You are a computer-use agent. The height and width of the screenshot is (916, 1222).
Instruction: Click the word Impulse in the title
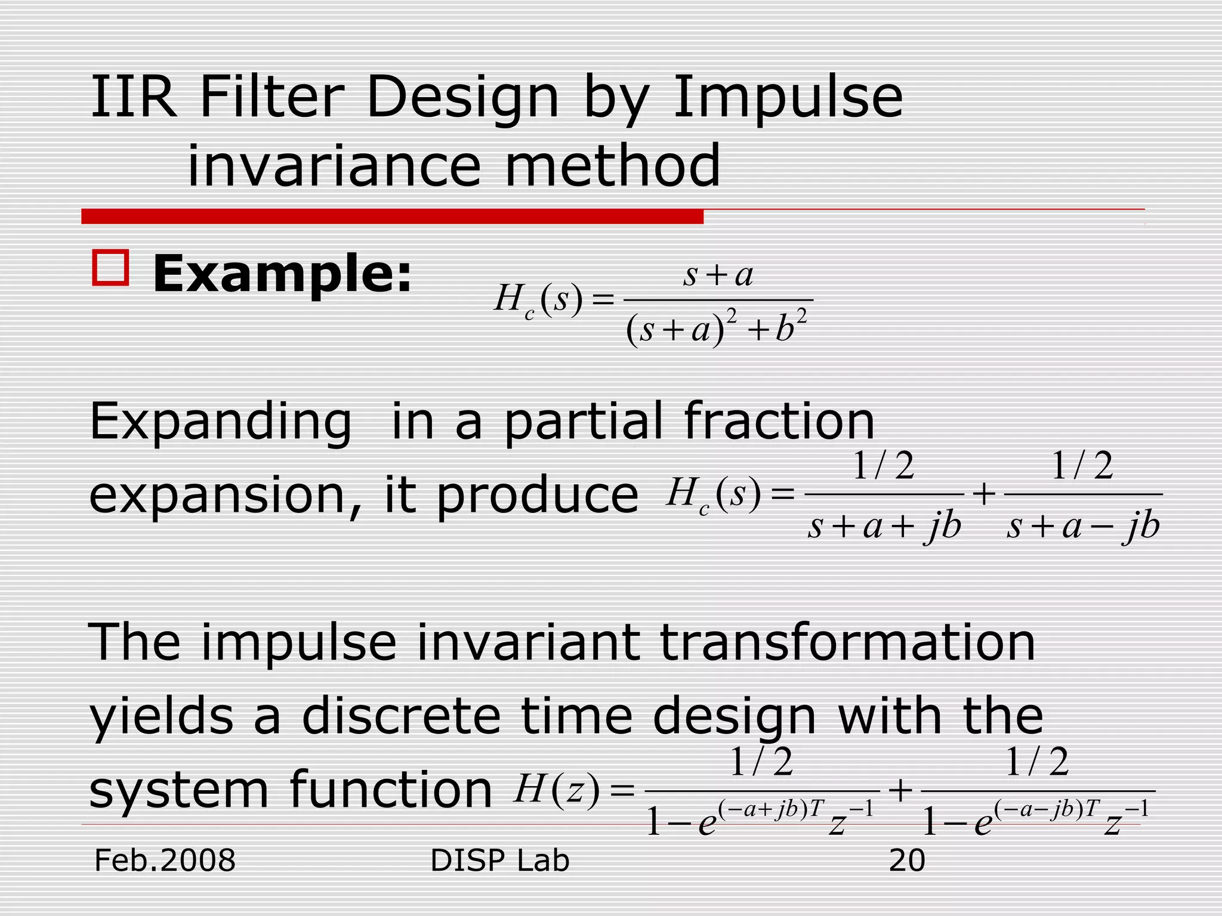pyautogui.click(x=788, y=98)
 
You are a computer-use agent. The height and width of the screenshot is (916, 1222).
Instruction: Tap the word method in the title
pyautogui.click(x=613, y=166)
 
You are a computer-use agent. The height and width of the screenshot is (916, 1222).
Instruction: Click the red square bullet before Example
pyautogui.click(x=110, y=268)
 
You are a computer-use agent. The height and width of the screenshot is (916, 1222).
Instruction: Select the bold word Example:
pyautogui.click(x=282, y=274)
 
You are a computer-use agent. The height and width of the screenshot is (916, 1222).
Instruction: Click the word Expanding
pyautogui.click(x=220, y=422)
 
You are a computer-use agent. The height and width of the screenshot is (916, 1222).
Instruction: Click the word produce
pyautogui.click(x=537, y=496)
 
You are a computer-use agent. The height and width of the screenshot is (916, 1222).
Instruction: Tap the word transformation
pyautogui.click(x=847, y=642)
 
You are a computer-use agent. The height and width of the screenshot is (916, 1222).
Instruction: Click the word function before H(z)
pyautogui.click(x=391, y=790)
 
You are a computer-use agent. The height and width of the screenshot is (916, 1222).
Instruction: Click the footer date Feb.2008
pyautogui.click(x=165, y=861)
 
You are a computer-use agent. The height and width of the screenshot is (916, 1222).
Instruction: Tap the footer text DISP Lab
pyautogui.click(x=499, y=861)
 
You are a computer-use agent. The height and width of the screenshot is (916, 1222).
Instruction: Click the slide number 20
pyautogui.click(x=906, y=861)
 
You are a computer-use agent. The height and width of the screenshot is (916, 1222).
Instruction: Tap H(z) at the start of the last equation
pyautogui.click(x=556, y=790)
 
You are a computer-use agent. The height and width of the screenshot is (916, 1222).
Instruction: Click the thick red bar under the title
pyautogui.click(x=392, y=216)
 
